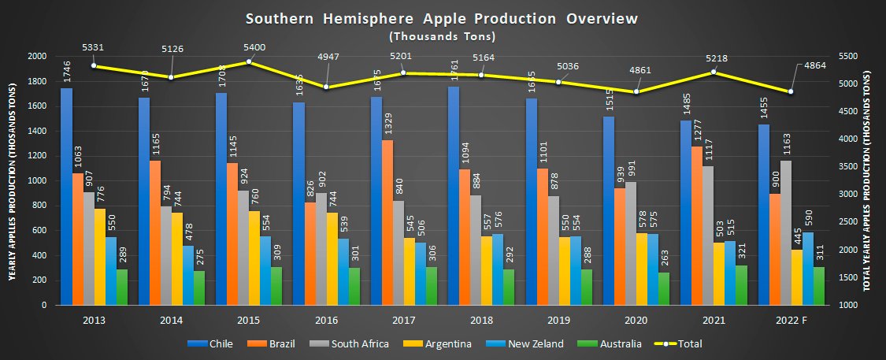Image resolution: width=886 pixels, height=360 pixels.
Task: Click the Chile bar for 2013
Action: tap(66, 197)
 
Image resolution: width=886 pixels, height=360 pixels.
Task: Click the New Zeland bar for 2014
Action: tap(187, 275)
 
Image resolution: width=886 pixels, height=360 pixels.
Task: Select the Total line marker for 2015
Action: tap(249, 61)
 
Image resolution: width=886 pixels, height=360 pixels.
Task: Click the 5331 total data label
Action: tap(94, 47)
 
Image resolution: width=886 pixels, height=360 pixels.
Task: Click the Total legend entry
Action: tap(683, 343)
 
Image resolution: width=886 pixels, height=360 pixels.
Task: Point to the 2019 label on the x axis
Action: tap(559, 321)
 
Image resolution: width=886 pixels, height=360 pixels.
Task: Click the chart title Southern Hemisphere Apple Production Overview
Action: tap(442, 18)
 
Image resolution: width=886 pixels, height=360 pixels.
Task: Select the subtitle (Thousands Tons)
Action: tap(442, 36)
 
